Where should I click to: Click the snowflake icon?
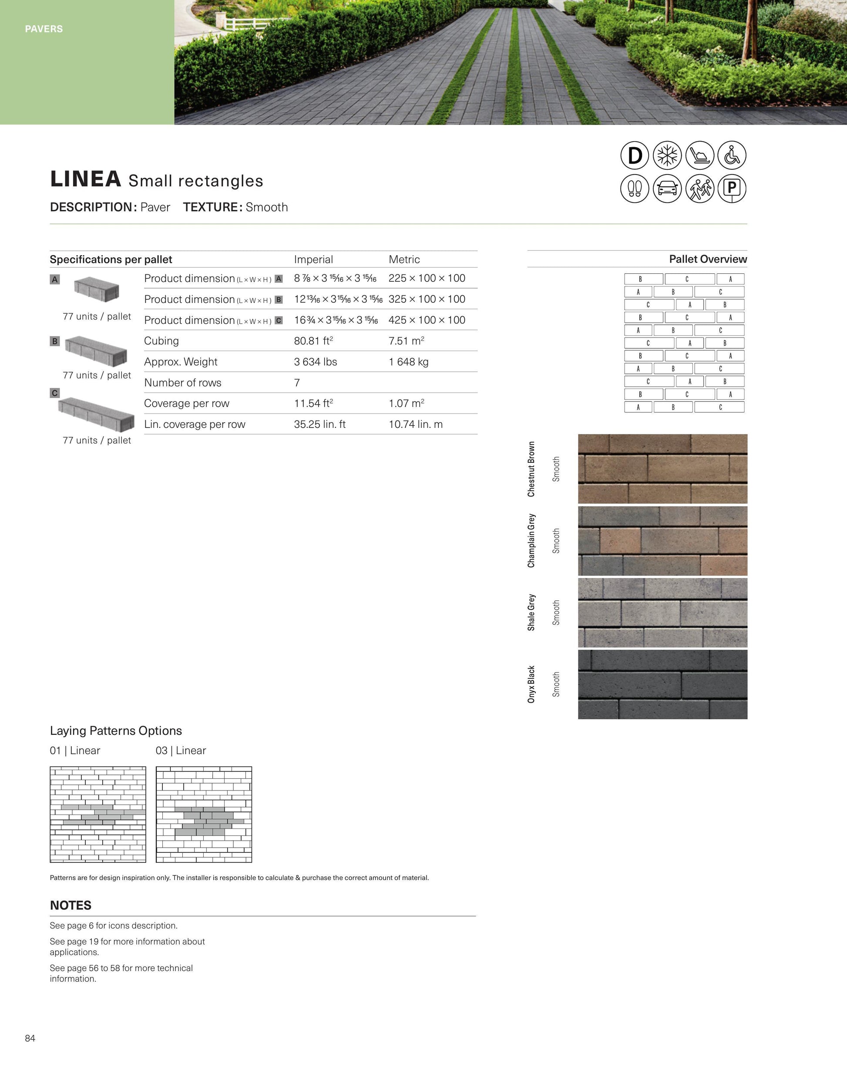point(667,155)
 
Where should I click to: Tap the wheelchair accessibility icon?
point(732,155)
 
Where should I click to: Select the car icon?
point(667,189)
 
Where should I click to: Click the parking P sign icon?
point(732,189)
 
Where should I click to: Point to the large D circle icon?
point(635,155)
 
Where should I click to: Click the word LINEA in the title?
point(85,179)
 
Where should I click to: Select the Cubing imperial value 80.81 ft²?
point(313,341)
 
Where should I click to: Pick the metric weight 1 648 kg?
point(408,362)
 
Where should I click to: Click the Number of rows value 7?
point(297,383)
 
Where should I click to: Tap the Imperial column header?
point(313,259)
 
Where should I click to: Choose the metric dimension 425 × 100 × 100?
point(427,320)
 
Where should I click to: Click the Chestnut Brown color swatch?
point(662,468)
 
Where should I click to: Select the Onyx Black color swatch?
point(662,684)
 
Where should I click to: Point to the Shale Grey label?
point(531,613)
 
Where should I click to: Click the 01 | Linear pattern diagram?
point(98,815)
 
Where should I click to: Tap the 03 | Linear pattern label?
point(181,751)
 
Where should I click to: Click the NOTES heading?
point(71,906)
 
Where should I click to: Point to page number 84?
point(30,1038)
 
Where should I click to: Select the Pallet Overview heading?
point(708,259)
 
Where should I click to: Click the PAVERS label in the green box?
point(44,29)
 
